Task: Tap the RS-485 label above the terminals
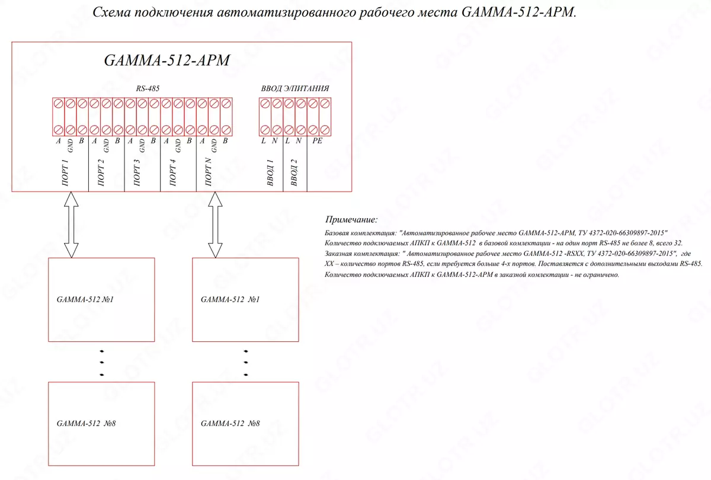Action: (x=148, y=88)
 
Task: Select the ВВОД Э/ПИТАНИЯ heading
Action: (x=295, y=88)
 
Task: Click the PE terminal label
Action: (x=317, y=141)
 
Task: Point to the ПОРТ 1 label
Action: (x=65, y=172)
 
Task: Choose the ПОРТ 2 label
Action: (x=101, y=172)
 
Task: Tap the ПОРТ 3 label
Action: (x=137, y=172)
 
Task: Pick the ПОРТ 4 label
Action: (x=173, y=172)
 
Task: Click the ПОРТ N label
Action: (x=209, y=172)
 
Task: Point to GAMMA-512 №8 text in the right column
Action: (x=230, y=424)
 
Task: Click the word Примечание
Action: (x=351, y=220)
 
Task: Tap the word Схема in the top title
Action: (x=111, y=13)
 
